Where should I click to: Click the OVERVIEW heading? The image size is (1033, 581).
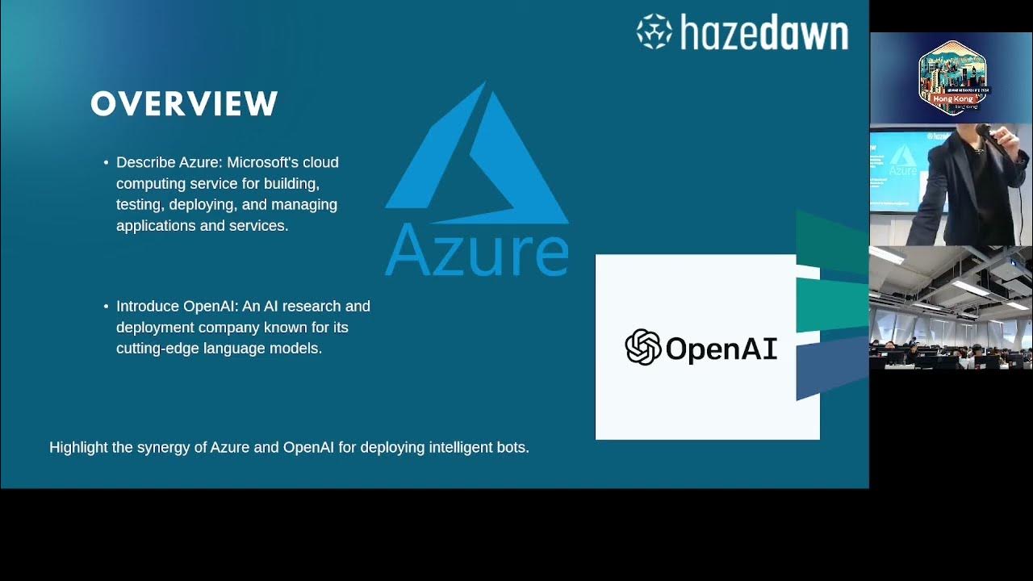pyautogui.click(x=184, y=104)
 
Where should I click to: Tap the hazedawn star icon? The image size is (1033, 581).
pyautogui.click(x=654, y=31)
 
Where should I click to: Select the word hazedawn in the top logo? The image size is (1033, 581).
pyautogui.click(x=763, y=33)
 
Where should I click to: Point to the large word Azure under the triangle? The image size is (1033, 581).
pyautogui.click(x=477, y=249)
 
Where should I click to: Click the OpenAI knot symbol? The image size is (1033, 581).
pyautogui.click(x=643, y=348)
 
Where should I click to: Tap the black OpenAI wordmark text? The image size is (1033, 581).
pyautogui.click(x=721, y=349)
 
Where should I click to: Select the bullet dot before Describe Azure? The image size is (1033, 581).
pyautogui.click(x=106, y=163)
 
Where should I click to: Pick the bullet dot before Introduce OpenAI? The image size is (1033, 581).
pyautogui.click(x=106, y=307)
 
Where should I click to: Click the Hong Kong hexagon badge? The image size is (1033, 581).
pyautogui.click(x=952, y=76)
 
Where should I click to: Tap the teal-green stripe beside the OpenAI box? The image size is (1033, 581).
pyautogui.click(x=831, y=305)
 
